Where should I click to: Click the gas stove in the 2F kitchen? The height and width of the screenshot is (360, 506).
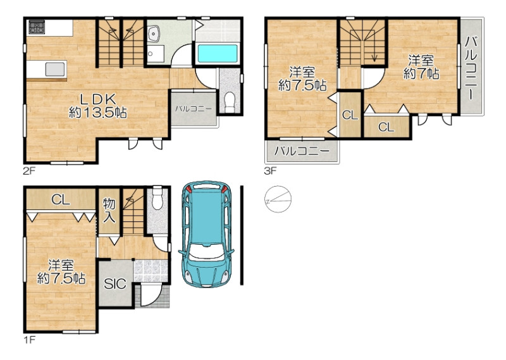pos(36,27)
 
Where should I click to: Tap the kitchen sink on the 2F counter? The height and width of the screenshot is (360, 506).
pos(55,70)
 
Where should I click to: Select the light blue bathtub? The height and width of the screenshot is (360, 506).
pos(217,53)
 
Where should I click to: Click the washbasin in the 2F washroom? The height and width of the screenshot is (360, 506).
pos(153,33)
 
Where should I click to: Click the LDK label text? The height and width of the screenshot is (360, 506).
pos(98,99)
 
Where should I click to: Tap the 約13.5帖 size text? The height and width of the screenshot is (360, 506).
pos(98,113)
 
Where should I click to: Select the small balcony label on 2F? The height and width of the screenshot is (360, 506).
pos(194,109)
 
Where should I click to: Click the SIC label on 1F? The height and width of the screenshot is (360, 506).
pos(115,284)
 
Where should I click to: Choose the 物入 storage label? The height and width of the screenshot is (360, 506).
pos(109,211)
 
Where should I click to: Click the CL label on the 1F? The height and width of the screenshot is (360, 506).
pos(61,200)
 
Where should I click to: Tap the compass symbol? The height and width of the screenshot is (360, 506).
pos(278,199)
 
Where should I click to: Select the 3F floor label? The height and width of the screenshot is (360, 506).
pos(271,170)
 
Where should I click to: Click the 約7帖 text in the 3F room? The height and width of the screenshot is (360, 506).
pos(421,73)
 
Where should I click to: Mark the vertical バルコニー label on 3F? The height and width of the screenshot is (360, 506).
pos(472,68)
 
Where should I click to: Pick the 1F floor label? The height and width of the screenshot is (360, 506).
pos(29,340)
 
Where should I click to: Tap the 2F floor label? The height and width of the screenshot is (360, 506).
pos(29,170)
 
